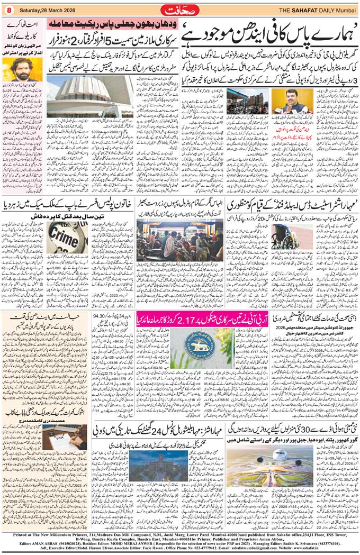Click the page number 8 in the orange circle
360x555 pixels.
point(9,9)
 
